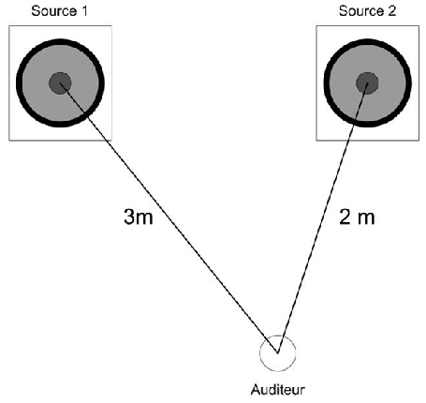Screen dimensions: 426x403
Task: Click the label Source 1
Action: [59, 11]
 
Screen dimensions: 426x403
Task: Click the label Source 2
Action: [367, 11]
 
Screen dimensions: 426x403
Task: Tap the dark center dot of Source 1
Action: [60, 83]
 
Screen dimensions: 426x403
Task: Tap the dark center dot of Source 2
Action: [367, 83]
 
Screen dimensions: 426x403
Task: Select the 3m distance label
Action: [139, 216]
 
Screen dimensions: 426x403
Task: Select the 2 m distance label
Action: [357, 216]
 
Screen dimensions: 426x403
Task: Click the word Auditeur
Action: [278, 390]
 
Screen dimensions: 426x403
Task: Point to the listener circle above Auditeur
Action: [260, 353]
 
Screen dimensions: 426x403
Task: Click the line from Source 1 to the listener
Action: [169, 218]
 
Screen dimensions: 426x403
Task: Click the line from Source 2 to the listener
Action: [323, 218]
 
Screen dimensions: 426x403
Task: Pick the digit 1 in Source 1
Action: [84, 11]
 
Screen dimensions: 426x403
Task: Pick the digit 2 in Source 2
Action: [392, 11]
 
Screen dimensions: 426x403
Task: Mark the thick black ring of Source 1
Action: [19, 83]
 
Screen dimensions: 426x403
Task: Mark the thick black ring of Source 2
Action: [326, 83]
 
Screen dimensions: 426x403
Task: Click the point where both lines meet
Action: [277, 353]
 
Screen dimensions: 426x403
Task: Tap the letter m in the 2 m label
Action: [366, 218]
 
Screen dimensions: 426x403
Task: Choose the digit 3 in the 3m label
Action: [129, 216]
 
